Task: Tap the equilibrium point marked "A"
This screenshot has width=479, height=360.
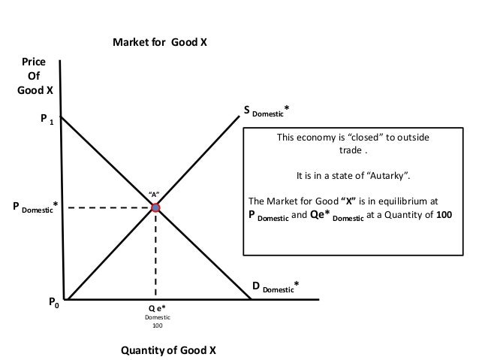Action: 155,207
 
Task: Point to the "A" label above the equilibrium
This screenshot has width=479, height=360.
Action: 155,194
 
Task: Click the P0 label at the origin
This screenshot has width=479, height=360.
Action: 53,303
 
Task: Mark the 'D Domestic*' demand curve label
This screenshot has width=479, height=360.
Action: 276,286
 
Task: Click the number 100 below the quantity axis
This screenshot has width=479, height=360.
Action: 157,326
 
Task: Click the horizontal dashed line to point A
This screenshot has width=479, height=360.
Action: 105,207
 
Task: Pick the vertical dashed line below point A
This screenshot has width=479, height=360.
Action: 155,256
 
